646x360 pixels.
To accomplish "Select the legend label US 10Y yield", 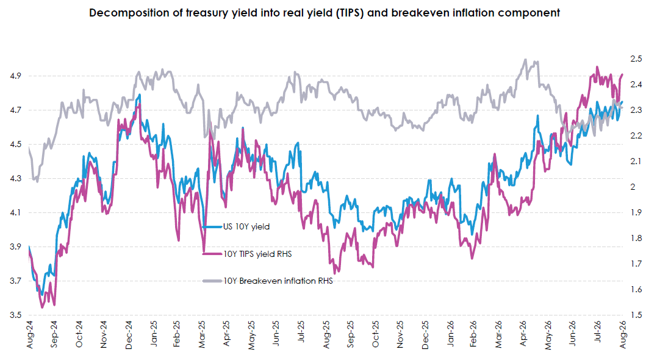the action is (x=246, y=226).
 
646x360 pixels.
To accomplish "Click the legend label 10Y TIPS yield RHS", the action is (x=257, y=254).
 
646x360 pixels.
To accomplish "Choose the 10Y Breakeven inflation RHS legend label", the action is (x=278, y=281).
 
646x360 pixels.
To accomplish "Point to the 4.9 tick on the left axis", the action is (x=15, y=76).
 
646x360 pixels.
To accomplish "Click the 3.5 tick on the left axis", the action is (x=15, y=315).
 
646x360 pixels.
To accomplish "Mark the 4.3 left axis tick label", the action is (x=15, y=178).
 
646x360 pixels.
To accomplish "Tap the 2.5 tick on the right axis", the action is (x=636, y=59).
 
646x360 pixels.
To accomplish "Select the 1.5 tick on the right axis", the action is (x=636, y=315).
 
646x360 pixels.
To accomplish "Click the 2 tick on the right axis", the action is (x=633, y=187).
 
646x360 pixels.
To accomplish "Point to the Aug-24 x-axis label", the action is (x=30, y=334).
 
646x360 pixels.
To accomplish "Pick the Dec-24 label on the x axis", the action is (x=129, y=335).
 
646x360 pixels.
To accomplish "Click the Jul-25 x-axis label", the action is (x=301, y=331).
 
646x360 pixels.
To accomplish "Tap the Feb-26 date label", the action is (x=473, y=334).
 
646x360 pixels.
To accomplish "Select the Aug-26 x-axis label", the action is (x=623, y=334).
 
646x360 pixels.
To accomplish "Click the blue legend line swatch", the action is (x=212, y=226).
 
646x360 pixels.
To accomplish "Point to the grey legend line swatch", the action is (x=212, y=281).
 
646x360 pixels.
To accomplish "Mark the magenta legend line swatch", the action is (x=212, y=254).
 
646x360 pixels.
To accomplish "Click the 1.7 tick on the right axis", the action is (x=636, y=264).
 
